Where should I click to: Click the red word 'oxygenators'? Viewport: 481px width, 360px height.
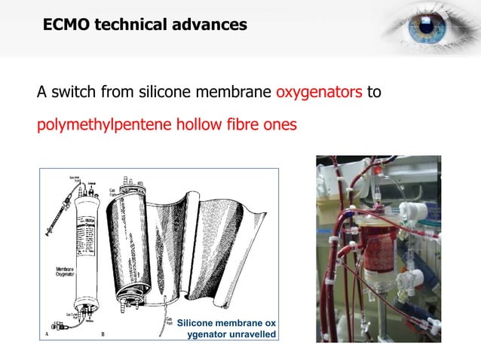tap(319, 93)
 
